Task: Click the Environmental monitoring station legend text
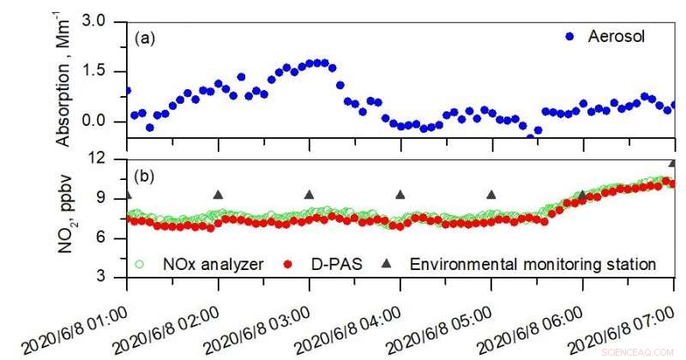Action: pyautogui.click(x=533, y=263)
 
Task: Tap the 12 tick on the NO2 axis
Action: pyautogui.click(x=107, y=159)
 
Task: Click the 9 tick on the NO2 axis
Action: pyautogui.click(x=111, y=199)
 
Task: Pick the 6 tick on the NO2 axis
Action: pyautogui.click(x=111, y=238)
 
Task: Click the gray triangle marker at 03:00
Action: pyautogui.click(x=310, y=195)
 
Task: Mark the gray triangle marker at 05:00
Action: pyautogui.click(x=491, y=195)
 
